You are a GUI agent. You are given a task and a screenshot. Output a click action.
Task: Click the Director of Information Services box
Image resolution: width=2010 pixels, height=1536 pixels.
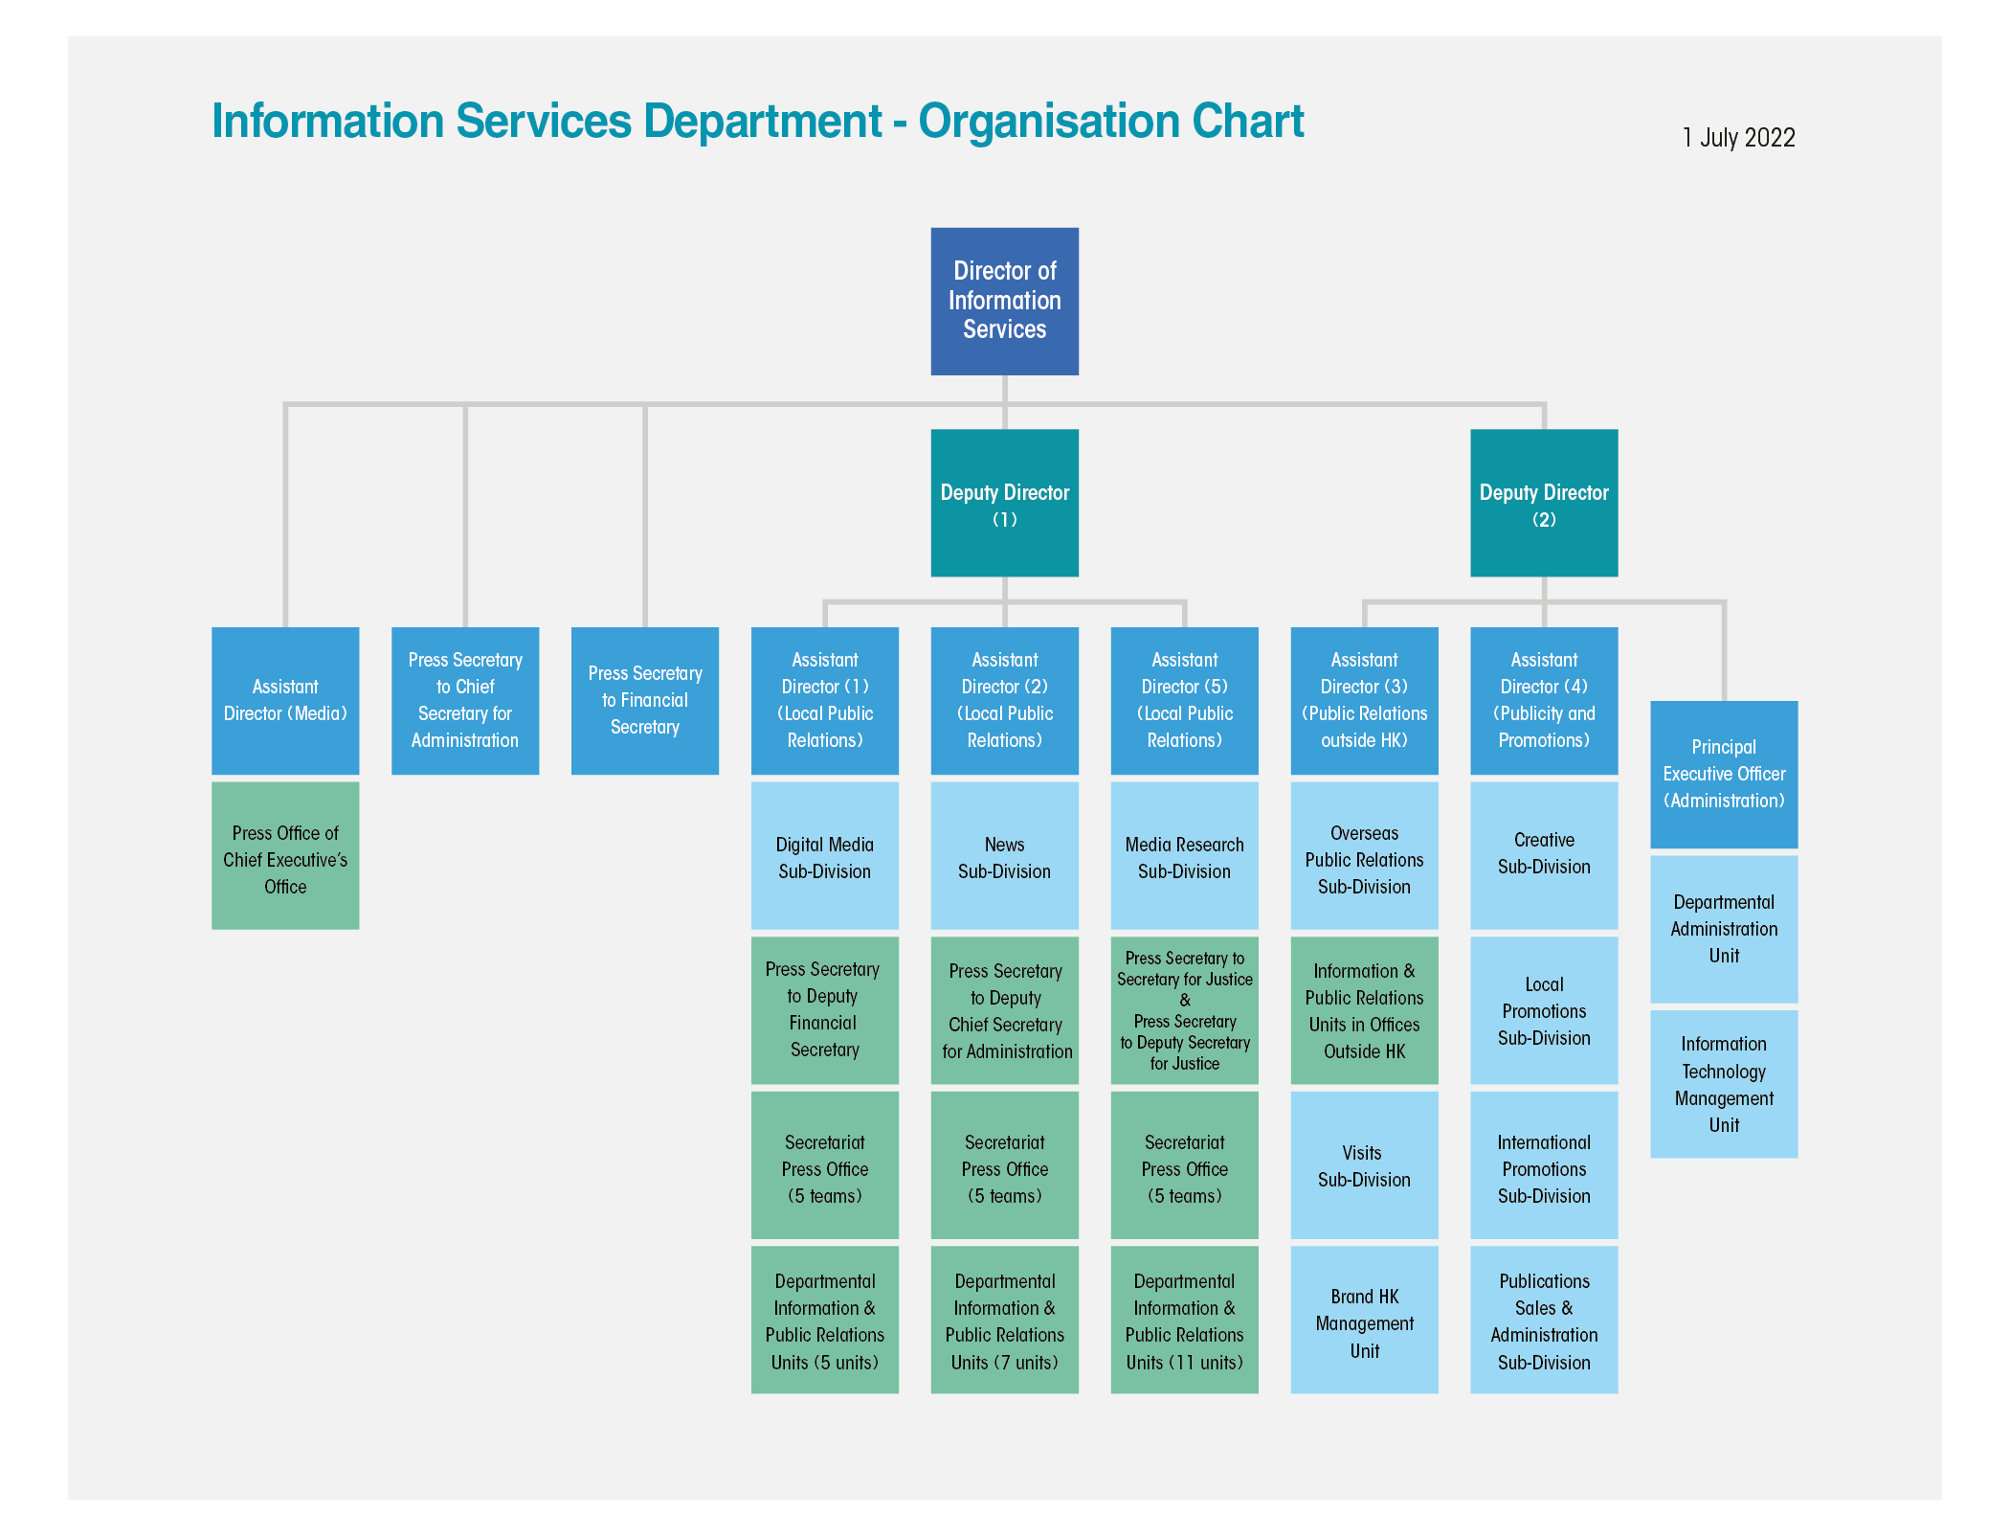1004,301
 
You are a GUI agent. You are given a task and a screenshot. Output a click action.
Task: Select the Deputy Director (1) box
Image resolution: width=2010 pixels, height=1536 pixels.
1004,503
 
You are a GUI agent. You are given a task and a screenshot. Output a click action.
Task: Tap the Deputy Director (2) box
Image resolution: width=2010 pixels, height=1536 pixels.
1543,503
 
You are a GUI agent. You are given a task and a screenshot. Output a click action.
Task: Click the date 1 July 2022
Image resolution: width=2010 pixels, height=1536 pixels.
1738,138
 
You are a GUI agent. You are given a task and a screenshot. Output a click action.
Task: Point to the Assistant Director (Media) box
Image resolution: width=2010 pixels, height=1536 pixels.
285,700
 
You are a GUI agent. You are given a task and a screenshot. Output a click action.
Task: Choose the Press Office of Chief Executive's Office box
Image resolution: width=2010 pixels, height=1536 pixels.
285,855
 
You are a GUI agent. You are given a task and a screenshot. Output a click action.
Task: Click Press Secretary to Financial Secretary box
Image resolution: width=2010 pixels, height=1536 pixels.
644,700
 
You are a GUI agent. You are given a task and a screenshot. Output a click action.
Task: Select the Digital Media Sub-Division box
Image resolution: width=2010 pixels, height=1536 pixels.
824,855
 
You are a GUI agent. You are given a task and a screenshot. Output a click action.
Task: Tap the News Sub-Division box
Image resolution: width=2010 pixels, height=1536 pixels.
1004,855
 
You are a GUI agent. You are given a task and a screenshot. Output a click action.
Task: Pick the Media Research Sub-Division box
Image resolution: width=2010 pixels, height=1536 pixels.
1184,855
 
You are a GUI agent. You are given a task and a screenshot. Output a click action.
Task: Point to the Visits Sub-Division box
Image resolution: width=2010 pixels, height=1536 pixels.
1364,1164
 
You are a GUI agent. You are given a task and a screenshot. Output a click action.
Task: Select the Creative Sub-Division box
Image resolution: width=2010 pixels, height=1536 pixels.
1543,855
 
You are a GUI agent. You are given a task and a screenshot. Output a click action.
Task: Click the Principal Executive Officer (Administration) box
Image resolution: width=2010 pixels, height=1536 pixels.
1723,774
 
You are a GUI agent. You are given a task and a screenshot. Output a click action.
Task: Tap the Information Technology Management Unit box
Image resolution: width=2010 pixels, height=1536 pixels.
1723,1083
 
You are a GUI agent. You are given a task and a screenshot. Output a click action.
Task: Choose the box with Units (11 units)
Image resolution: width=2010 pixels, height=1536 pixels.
1184,1320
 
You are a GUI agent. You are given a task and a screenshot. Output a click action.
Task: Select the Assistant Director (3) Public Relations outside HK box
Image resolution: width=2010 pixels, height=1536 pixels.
1364,700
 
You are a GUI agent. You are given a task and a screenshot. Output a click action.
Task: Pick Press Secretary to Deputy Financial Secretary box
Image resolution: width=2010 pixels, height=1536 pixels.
824,1009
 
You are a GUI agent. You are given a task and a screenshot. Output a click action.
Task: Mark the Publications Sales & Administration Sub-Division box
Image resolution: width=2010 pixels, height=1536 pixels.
1543,1320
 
